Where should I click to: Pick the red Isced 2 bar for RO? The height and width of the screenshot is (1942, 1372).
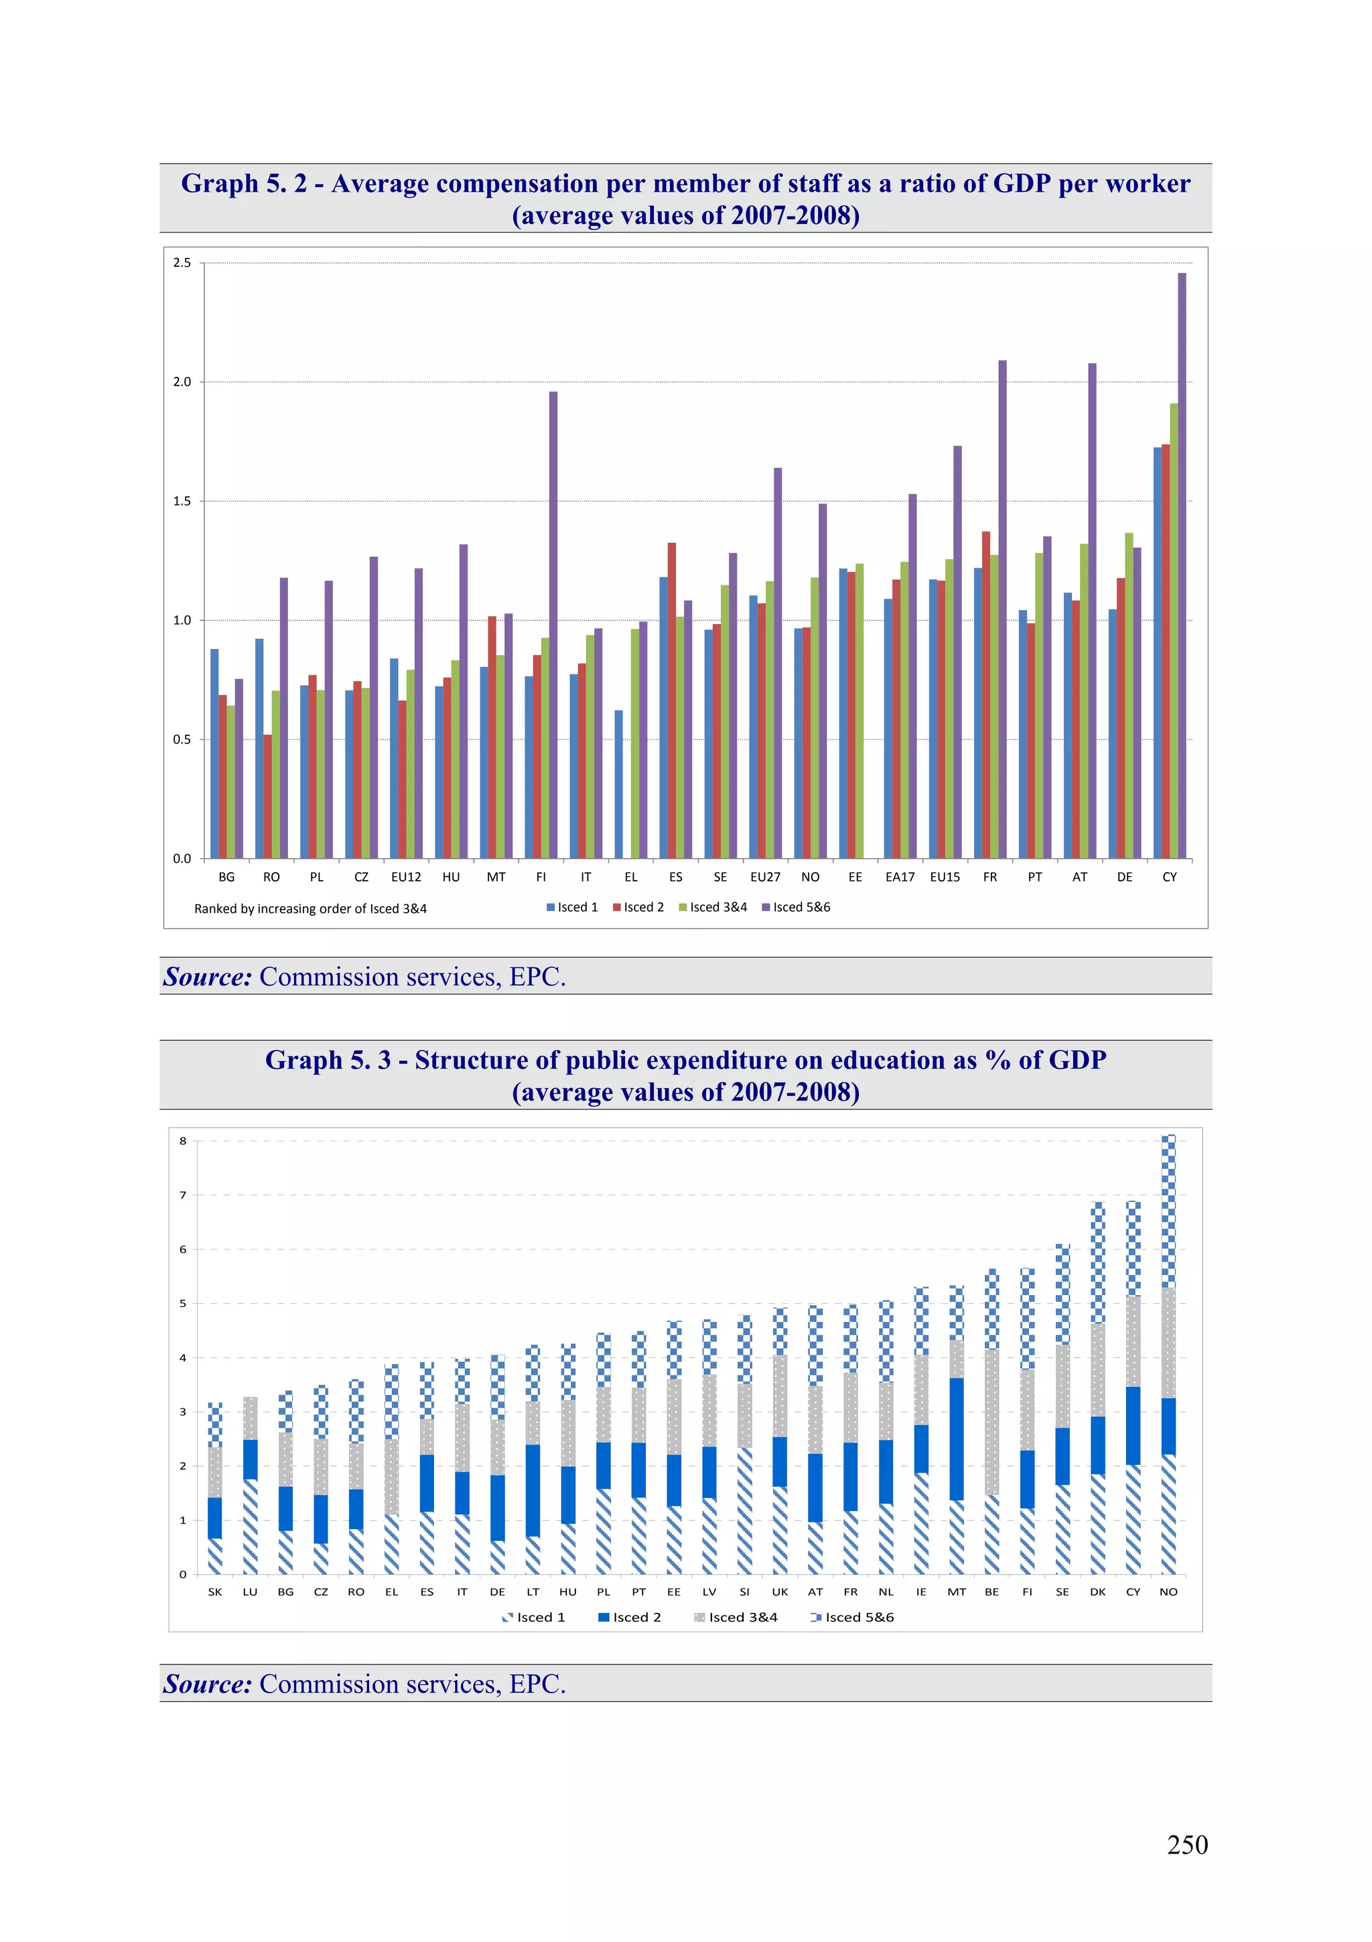268,796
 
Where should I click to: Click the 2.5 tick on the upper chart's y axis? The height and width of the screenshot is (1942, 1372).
182,263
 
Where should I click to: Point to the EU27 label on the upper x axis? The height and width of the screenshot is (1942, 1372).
765,877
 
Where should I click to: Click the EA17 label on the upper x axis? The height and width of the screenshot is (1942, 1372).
900,877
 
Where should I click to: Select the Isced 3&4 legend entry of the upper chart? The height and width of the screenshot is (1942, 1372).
713,907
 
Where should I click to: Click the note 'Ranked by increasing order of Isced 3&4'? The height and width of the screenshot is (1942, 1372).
310,908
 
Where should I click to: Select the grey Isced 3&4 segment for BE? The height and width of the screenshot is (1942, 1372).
991,1422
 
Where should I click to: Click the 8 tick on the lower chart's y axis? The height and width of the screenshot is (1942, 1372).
183,1140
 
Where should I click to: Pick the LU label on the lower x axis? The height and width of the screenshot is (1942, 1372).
251,1591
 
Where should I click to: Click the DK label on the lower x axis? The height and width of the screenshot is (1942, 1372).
1097,1591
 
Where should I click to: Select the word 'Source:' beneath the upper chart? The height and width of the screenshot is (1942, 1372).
208,977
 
